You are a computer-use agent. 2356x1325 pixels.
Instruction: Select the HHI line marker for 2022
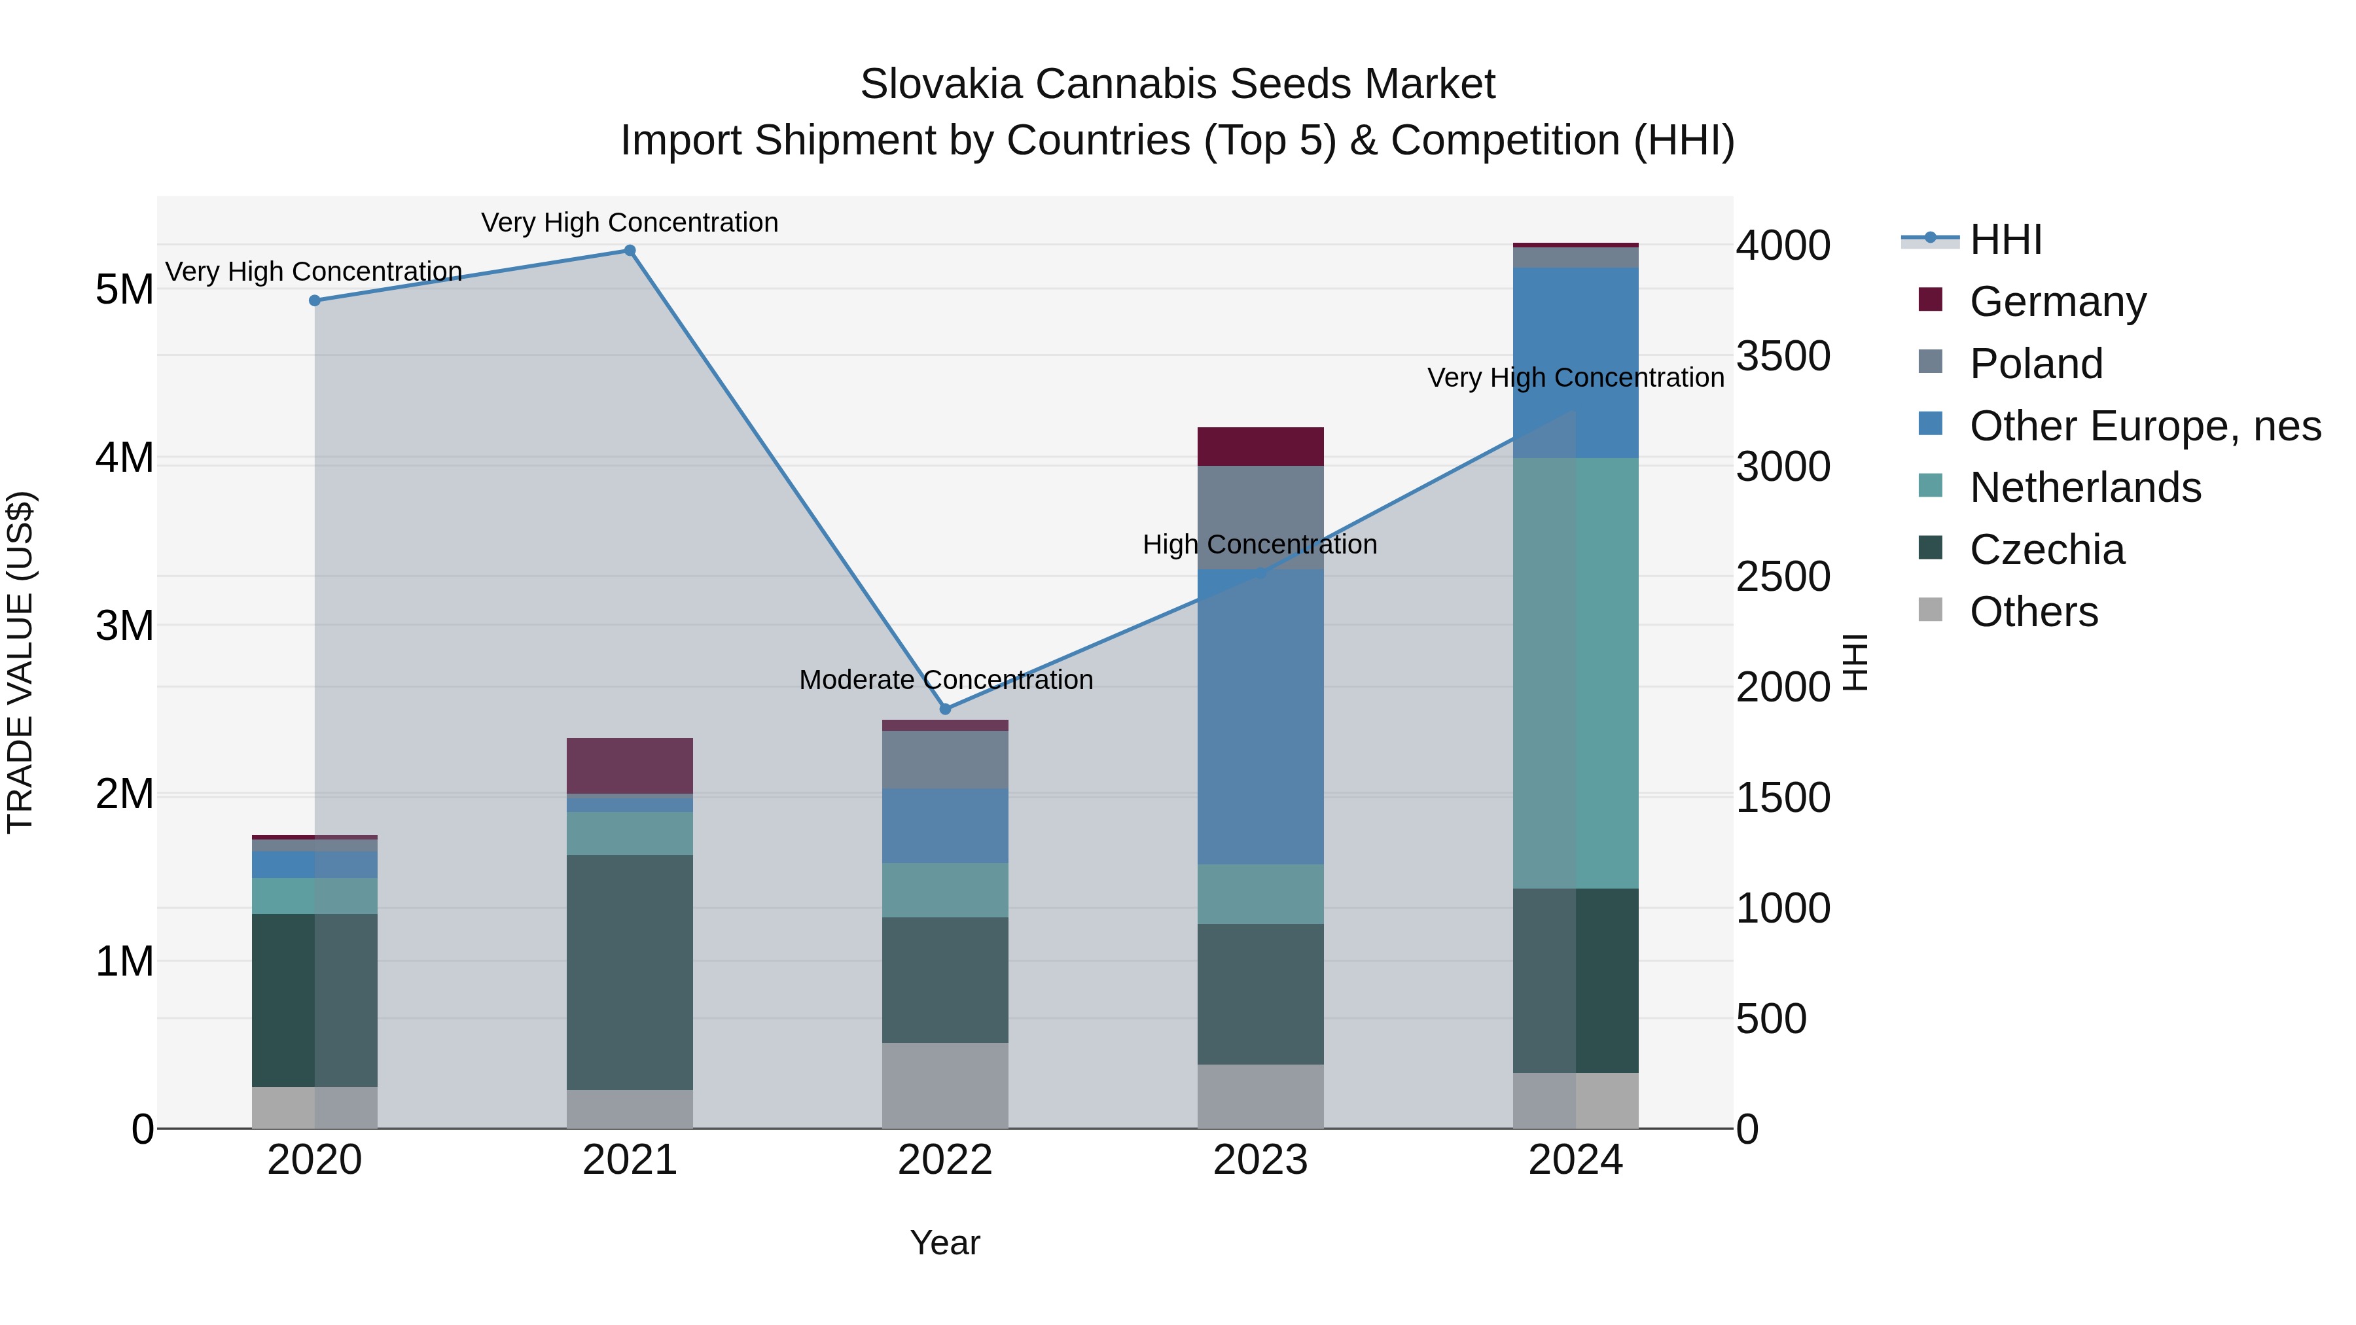click(x=945, y=709)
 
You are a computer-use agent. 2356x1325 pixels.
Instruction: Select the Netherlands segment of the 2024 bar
click(x=1575, y=673)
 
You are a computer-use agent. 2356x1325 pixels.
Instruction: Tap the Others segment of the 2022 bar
click(x=945, y=1086)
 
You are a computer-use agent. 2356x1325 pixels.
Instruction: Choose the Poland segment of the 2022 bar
click(x=945, y=760)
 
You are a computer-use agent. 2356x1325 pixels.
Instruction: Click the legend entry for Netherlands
click(x=2084, y=487)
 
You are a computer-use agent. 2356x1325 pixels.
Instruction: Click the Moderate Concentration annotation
click(x=946, y=680)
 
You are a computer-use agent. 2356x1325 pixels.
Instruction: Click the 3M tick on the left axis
click(x=124, y=626)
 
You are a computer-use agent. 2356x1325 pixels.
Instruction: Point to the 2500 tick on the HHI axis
click(x=1783, y=577)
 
